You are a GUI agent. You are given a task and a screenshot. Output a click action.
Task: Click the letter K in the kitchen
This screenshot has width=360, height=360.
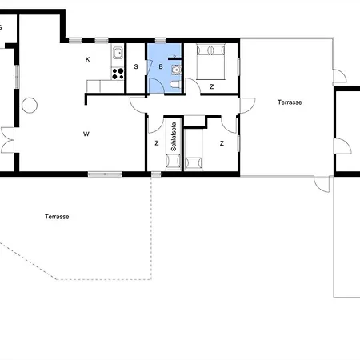pyautogui.click(x=87, y=59)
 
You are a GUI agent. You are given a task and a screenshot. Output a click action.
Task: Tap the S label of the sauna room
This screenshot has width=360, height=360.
pyautogui.click(x=136, y=66)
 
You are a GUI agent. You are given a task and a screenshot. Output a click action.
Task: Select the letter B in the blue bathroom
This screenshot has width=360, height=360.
pyautogui.click(x=161, y=66)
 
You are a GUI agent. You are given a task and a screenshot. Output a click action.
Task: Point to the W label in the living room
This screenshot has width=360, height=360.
pyautogui.click(x=86, y=134)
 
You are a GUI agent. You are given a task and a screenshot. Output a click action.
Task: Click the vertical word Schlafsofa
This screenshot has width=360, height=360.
pyautogui.click(x=174, y=137)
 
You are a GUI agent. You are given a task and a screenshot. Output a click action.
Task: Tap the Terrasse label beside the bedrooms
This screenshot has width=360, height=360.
pyautogui.click(x=290, y=102)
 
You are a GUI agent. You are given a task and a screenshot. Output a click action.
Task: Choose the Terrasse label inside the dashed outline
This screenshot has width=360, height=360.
pyautogui.click(x=57, y=217)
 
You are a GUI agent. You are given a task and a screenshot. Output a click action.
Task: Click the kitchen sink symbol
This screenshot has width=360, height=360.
pyautogui.click(x=118, y=53)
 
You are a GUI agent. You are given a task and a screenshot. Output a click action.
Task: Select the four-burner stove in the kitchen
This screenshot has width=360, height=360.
pyautogui.click(x=118, y=74)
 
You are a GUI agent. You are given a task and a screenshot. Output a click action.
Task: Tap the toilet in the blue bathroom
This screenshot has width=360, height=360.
pyautogui.click(x=175, y=85)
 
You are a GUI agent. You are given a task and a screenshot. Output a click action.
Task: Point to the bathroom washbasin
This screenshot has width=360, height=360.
pyautogui.click(x=176, y=70)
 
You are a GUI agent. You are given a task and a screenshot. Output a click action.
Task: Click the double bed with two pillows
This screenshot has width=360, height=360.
pyautogui.click(x=210, y=62)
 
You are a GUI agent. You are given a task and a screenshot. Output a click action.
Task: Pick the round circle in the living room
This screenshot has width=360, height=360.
pyautogui.click(x=30, y=106)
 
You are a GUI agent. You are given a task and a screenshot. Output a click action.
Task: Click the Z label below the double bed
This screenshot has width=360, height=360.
pyautogui.click(x=212, y=86)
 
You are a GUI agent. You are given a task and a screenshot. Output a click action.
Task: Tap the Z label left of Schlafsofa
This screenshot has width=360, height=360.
pyautogui.click(x=157, y=143)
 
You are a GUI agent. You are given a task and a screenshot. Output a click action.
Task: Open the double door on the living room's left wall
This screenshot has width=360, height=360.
pyautogui.click(x=7, y=140)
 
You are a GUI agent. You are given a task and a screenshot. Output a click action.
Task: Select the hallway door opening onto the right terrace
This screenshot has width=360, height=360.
pyautogui.click(x=247, y=106)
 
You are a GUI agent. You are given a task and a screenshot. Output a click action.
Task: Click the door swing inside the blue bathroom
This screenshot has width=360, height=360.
pyautogui.click(x=156, y=86)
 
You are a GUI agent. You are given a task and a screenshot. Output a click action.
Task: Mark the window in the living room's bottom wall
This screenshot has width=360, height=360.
pyautogui.click(x=105, y=174)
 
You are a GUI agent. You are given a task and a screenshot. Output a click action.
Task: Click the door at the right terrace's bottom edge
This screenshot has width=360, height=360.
pyautogui.click(x=322, y=184)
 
